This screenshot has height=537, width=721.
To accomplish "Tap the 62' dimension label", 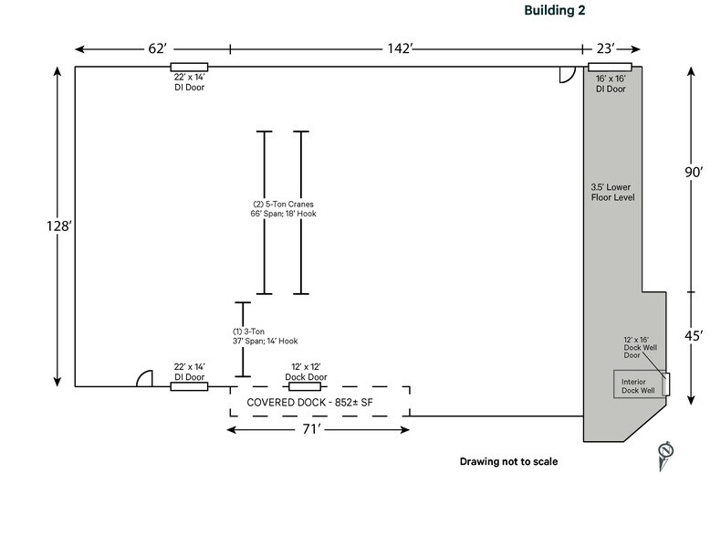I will click(x=152, y=47).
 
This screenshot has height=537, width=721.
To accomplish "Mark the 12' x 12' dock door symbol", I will click(x=303, y=386).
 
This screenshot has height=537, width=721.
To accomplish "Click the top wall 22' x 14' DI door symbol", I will click(x=189, y=67).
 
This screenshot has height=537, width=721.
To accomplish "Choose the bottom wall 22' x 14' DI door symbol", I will click(x=189, y=386).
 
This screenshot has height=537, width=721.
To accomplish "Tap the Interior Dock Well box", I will click(x=638, y=384).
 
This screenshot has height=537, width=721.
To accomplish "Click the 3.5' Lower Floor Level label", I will click(x=612, y=192).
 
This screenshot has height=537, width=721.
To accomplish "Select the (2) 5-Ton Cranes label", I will click(x=283, y=208).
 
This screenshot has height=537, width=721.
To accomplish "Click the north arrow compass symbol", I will click(x=665, y=453).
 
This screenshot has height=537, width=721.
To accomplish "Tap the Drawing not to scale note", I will click(x=508, y=461).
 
